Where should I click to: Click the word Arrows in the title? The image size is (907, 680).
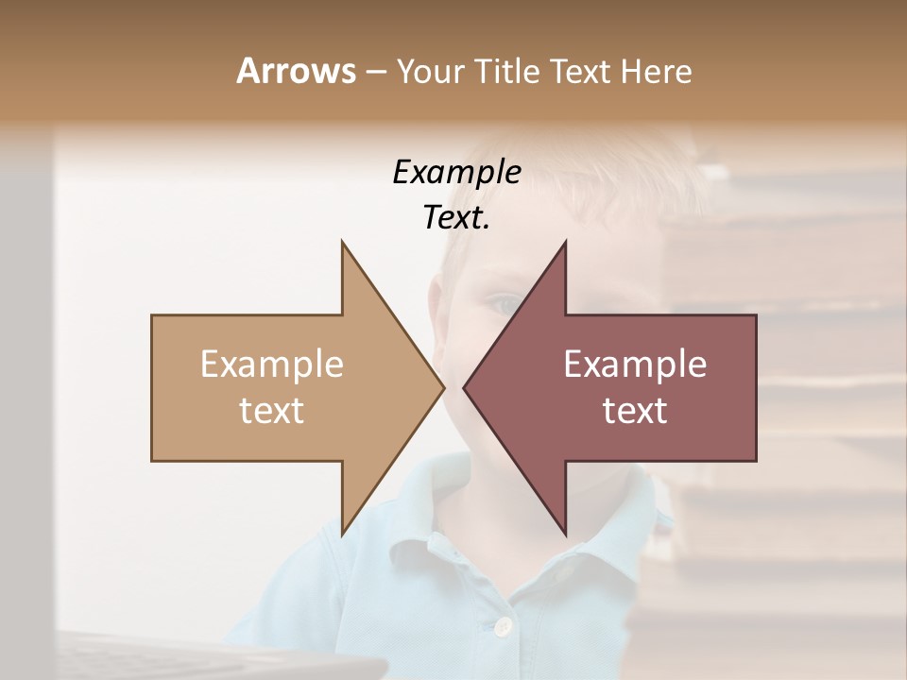point(296,71)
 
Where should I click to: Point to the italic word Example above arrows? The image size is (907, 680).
point(456,172)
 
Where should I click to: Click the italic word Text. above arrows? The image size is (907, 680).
point(456,218)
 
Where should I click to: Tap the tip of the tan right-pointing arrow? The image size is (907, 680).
point(443,387)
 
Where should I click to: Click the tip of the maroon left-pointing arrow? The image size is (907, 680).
point(464,387)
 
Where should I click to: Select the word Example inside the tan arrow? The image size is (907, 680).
point(272,365)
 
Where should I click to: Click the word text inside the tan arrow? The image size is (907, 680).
point(272,410)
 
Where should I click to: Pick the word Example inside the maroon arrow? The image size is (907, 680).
point(635,365)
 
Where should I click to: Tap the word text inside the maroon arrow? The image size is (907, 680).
point(635,410)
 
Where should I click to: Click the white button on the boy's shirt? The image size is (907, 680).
point(504,625)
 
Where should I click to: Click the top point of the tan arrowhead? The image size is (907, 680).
point(342,242)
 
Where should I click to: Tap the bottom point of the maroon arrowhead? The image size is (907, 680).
point(565,535)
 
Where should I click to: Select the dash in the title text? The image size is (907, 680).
point(374,72)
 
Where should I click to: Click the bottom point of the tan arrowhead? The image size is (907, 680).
point(342,535)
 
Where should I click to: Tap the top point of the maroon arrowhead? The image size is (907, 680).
point(565,242)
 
